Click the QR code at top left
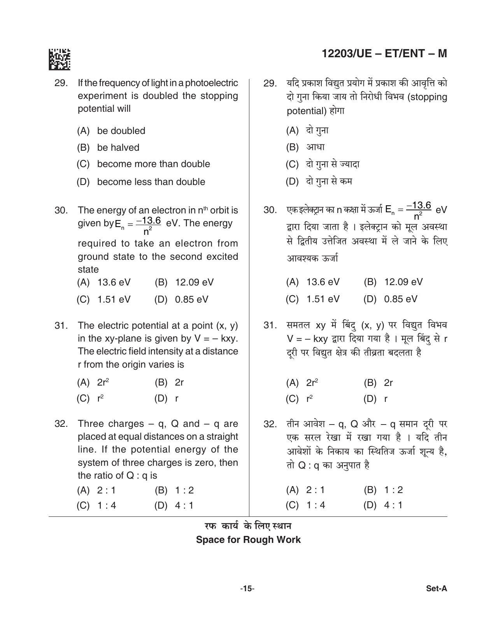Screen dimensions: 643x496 pos(59,59)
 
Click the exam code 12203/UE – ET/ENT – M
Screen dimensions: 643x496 pos(384,54)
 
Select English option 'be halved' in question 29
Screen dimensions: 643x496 pos(118,148)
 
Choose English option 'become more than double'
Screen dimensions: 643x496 pos(153,164)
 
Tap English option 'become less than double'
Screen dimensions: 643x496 pos(151,182)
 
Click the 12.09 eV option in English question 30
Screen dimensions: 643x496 pos(194,282)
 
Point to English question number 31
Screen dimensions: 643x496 pos(61,326)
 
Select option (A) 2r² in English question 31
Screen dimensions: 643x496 pos(103,383)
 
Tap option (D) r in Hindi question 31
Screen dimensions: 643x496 pos(386,399)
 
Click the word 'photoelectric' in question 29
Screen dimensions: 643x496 pos(214,83)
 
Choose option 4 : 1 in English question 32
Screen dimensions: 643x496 pos(184,506)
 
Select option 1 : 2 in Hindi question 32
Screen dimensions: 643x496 pos(393,490)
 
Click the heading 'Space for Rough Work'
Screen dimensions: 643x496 pos(248,540)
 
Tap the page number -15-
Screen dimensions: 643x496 pos(247,588)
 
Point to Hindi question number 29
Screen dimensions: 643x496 pos(270,83)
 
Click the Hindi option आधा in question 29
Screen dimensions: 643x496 pos(315,147)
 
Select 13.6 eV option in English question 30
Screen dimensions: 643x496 pos(114,282)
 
